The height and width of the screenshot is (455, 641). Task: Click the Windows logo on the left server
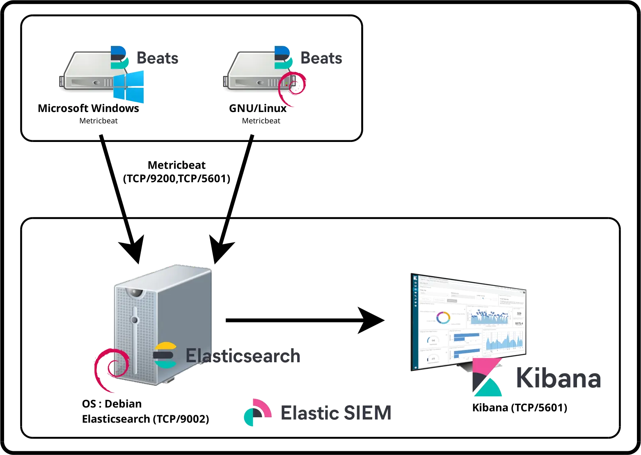[x=129, y=87]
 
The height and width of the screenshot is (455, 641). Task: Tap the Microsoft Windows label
[x=89, y=109]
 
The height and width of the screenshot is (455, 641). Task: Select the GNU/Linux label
[x=258, y=109]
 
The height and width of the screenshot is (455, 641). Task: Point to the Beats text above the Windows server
[x=158, y=58]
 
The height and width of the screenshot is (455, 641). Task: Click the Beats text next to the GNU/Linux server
[x=321, y=58]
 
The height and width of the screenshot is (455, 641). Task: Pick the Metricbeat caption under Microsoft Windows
[x=98, y=121]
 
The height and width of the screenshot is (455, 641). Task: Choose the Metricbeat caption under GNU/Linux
[x=262, y=121]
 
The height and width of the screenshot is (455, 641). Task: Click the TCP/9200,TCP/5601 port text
[x=176, y=179]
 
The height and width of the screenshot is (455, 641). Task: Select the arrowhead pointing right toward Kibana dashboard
[x=371, y=320]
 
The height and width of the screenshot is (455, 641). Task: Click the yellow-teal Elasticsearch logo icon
[x=165, y=354]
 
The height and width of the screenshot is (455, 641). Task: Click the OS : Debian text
[x=112, y=404]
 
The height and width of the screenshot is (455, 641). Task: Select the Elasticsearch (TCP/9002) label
[x=146, y=419]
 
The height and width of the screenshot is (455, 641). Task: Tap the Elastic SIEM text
[x=334, y=412]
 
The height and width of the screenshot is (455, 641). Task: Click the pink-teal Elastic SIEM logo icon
[x=257, y=411]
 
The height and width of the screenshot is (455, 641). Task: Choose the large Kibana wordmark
[x=558, y=378]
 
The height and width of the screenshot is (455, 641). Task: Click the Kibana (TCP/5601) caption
[x=520, y=408]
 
